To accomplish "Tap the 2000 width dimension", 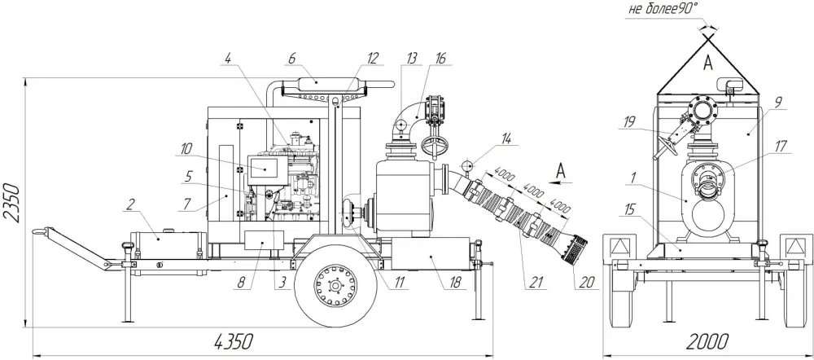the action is pyautogui.click(x=708, y=342).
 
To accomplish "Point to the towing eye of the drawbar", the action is pyautogui.click(x=37, y=232).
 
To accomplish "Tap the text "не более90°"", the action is pyautogui.click(x=663, y=9).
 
